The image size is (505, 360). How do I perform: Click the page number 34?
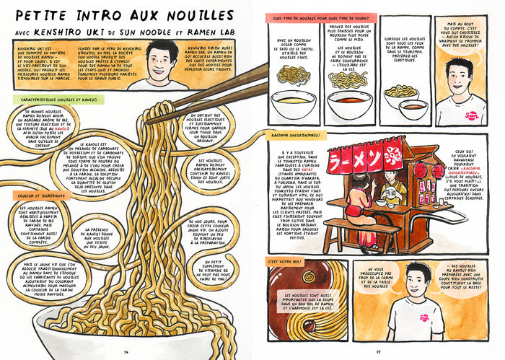tap(126, 351)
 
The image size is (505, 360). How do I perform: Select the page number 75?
tap(379, 351)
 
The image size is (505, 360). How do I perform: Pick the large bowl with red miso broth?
tap(348, 105)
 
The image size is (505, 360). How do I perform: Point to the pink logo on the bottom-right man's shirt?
tap(424, 316)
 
